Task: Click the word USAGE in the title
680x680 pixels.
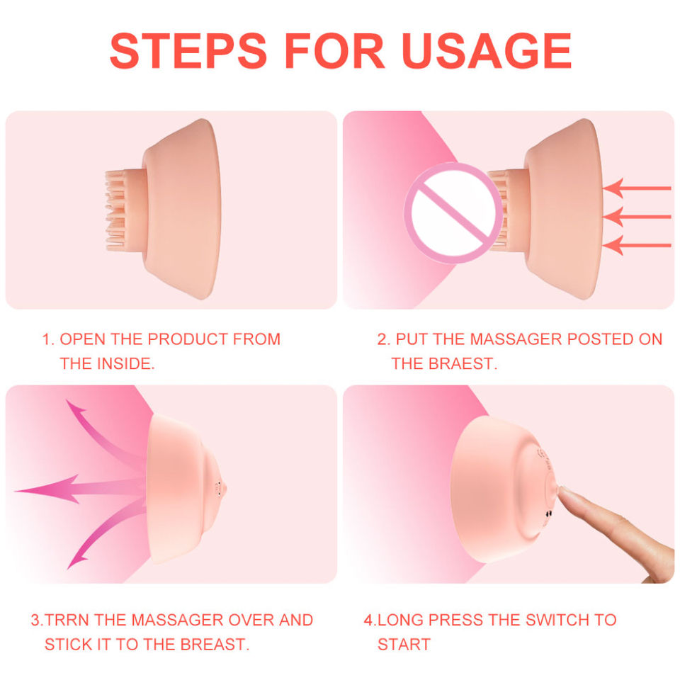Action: (487, 51)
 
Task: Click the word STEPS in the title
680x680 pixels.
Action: (188, 51)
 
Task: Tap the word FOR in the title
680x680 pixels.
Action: (334, 51)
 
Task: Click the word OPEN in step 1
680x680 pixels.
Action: (82, 339)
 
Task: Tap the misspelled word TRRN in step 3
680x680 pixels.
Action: (67, 620)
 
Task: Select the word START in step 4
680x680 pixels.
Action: (404, 645)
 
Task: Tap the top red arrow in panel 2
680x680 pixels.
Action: (637, 188)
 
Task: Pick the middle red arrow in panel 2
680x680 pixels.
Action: (637, 217)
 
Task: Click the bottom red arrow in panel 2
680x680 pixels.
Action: (637, 246)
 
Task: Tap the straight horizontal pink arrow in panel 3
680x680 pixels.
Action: (80, 489)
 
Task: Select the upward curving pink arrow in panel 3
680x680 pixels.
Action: (104, 433)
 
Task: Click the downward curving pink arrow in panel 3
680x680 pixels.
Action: (104, 538)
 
